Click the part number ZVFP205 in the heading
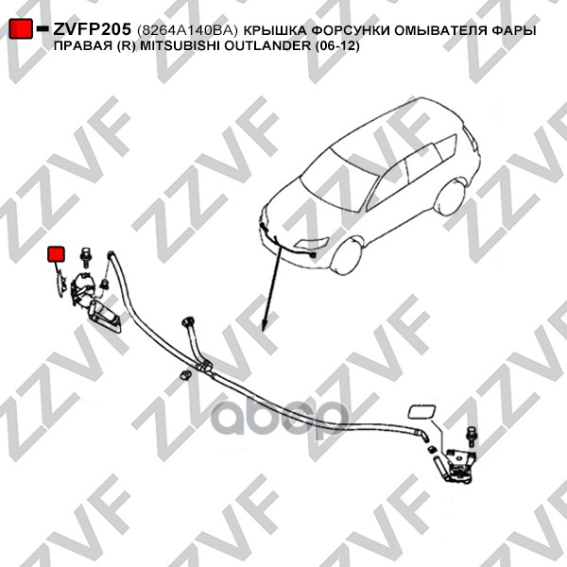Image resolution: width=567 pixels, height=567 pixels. point(91,30)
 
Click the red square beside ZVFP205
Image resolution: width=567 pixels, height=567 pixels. point(20,30)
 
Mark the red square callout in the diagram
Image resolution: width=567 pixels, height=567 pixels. point(57,254)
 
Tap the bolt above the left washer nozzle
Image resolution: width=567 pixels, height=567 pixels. point(84,253)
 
